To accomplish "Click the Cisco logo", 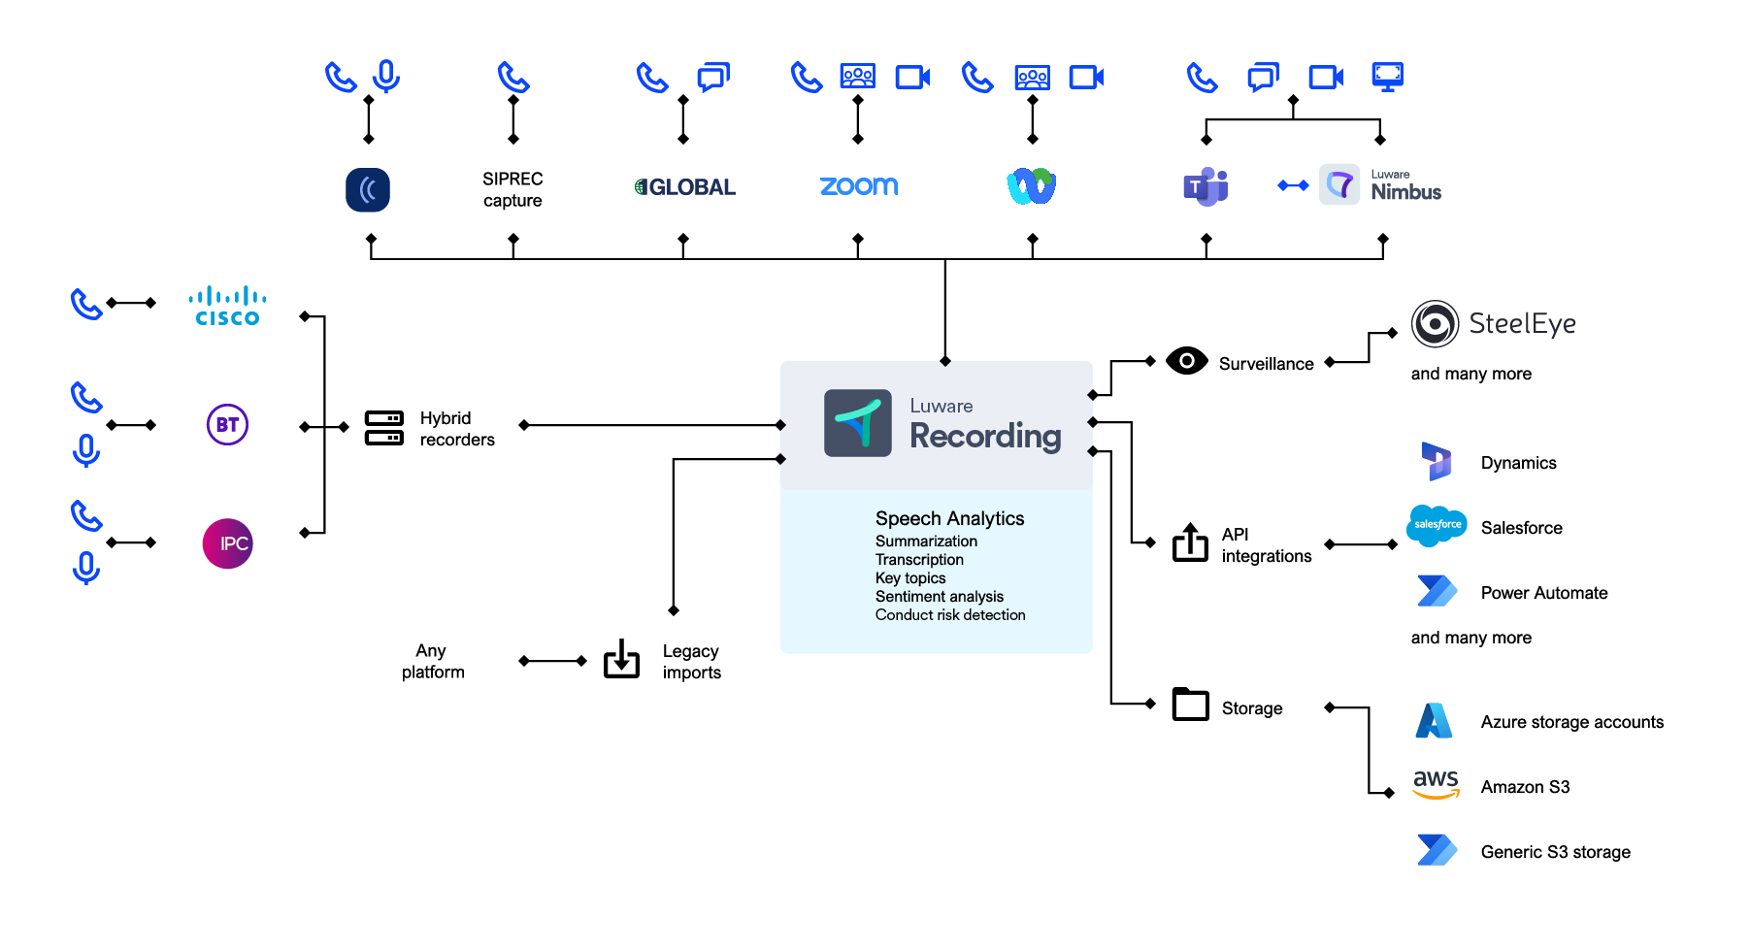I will pos(227,306).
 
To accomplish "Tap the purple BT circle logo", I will pos(227,425).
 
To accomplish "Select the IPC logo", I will pos(227,543).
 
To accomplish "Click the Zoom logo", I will pos(859,186).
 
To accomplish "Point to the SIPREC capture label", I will pos(512,189).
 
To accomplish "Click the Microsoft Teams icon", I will pos(1206,186).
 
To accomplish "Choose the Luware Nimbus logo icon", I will pos(1339,184).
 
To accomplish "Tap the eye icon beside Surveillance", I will pos(1186,361).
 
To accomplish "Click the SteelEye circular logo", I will pos(1435,324).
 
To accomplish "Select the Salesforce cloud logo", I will pos(1437,525).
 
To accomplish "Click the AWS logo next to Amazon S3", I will pos(1436,784).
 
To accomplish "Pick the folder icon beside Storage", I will pos(1190,705).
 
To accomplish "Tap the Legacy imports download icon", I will pos(621,659).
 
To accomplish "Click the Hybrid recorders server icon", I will pos(384,428).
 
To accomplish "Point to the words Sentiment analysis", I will pos(939,597).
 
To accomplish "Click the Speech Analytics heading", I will pos(949,518).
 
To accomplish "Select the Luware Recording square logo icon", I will pos(857,423).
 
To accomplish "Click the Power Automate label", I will pos(1543,593).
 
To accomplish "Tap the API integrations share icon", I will pos(1190,542).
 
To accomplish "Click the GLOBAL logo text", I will pos(685,187).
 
